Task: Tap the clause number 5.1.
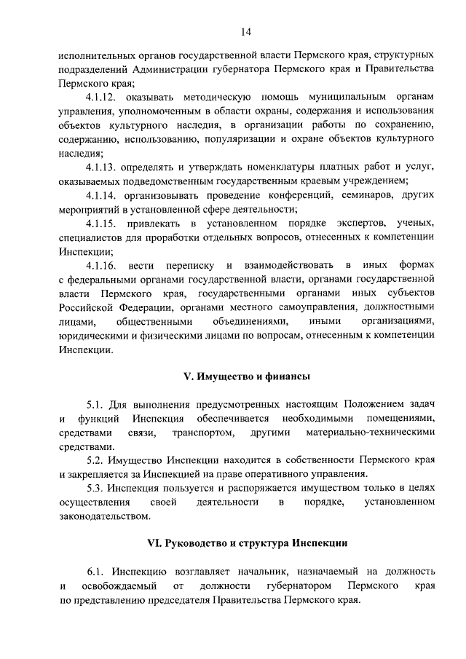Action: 95,405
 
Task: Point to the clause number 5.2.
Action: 95,460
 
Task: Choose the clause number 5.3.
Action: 95,489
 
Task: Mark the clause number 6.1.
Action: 95,572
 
